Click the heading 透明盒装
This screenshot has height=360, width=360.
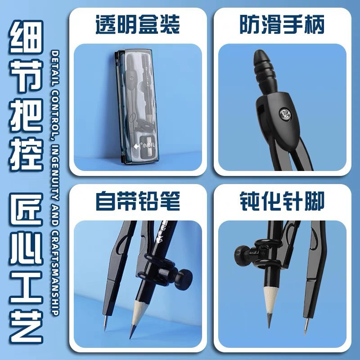click(x=138, y=25)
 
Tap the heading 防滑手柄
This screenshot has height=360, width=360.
click(x=282, y=25)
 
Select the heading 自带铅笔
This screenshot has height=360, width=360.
click(x=138, y=201)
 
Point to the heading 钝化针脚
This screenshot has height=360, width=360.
click(x=282, y=201)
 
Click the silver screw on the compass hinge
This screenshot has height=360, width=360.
click(x=285, y=114)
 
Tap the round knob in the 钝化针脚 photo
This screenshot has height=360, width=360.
click(x=242, y=256)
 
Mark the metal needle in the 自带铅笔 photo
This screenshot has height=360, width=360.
click(x=105, y=323)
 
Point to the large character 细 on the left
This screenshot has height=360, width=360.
click(x=26, y=37)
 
